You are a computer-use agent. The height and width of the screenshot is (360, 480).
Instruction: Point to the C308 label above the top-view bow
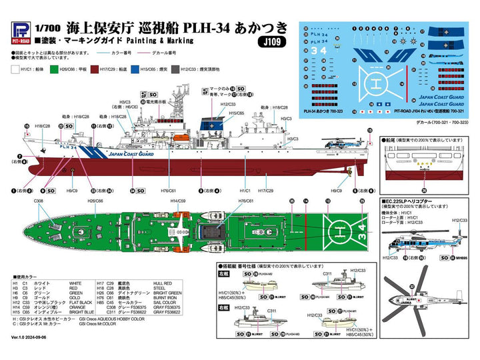tap(38, 200)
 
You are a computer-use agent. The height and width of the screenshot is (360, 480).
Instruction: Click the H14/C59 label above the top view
tap(178, 200)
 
